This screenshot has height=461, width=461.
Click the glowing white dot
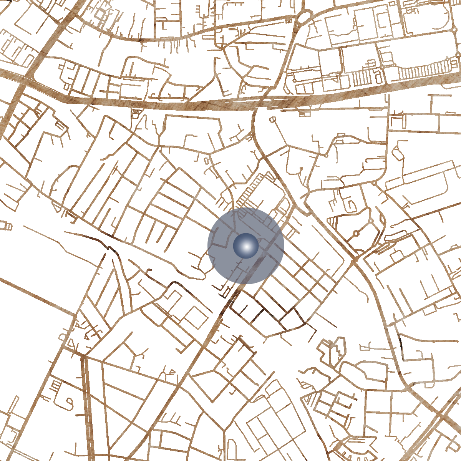[x=246, y=246]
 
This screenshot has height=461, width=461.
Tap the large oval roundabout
[x=305, y=17]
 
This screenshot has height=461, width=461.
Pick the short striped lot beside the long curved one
[x=361, y=77]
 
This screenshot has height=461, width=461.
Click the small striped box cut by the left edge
[x=5, y=225]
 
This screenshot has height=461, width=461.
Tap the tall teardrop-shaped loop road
[x=333, y=352]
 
